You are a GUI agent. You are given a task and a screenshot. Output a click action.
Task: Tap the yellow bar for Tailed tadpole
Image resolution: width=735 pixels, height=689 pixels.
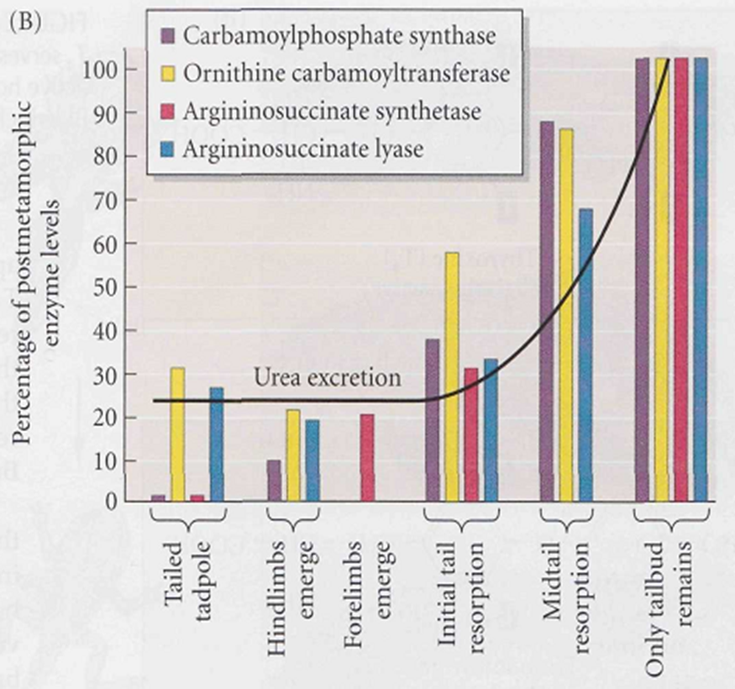pyautogui.click(x=177, y=434)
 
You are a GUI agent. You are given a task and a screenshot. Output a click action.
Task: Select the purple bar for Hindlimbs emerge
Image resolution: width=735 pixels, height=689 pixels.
pyautogui.click(x=274, y=480)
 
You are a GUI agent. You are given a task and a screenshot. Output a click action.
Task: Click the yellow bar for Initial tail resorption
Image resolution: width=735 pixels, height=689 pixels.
pyautogui.click(x=452, y=376)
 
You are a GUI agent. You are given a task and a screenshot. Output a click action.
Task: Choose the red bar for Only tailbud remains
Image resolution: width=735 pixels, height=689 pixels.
pyautogui.click(x=681, y=280)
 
